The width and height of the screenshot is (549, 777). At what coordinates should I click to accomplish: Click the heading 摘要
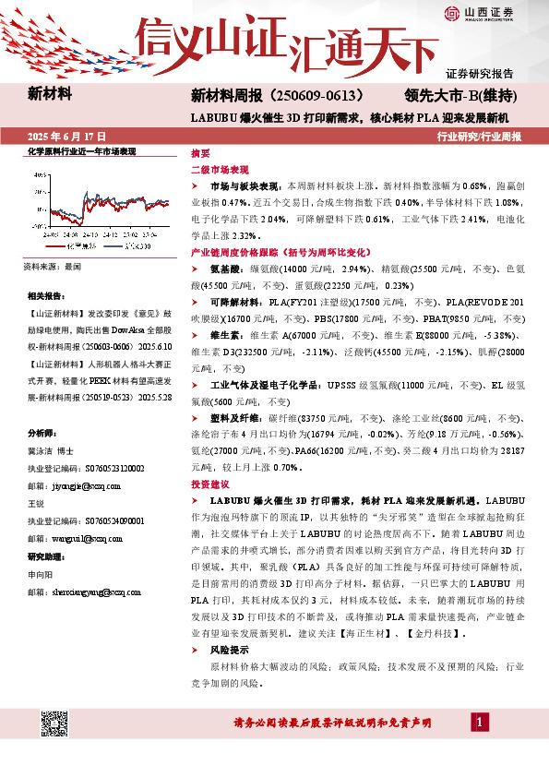coord(200,153)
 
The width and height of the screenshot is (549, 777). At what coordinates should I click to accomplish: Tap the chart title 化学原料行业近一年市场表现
coord(81,150)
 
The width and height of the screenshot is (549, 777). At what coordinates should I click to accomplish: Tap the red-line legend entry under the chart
coord(71,247)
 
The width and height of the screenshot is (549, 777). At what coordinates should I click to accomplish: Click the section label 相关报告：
coord(46,296)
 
